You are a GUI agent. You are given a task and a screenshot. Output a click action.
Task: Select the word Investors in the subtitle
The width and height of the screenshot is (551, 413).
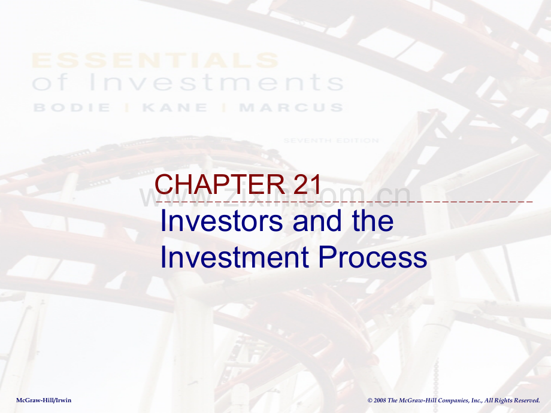pyautogui.click(x=222, y=221)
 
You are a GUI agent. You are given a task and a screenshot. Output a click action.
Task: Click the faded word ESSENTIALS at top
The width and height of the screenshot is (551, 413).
pyautogui.click(x=155, y=60)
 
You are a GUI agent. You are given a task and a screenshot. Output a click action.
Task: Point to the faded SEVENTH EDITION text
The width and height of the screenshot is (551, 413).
pyautogui.click(x=331, y=141)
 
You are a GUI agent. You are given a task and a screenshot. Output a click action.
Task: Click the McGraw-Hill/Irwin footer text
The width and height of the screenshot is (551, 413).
pyautogui.click(x=44, y=400)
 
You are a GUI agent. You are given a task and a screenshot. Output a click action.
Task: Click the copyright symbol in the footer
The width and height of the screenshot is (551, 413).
pyautogui.click(x=370, y=400)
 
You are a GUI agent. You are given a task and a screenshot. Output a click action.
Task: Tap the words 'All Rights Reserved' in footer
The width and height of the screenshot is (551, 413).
pyautogui.click(x=513, y=400)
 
